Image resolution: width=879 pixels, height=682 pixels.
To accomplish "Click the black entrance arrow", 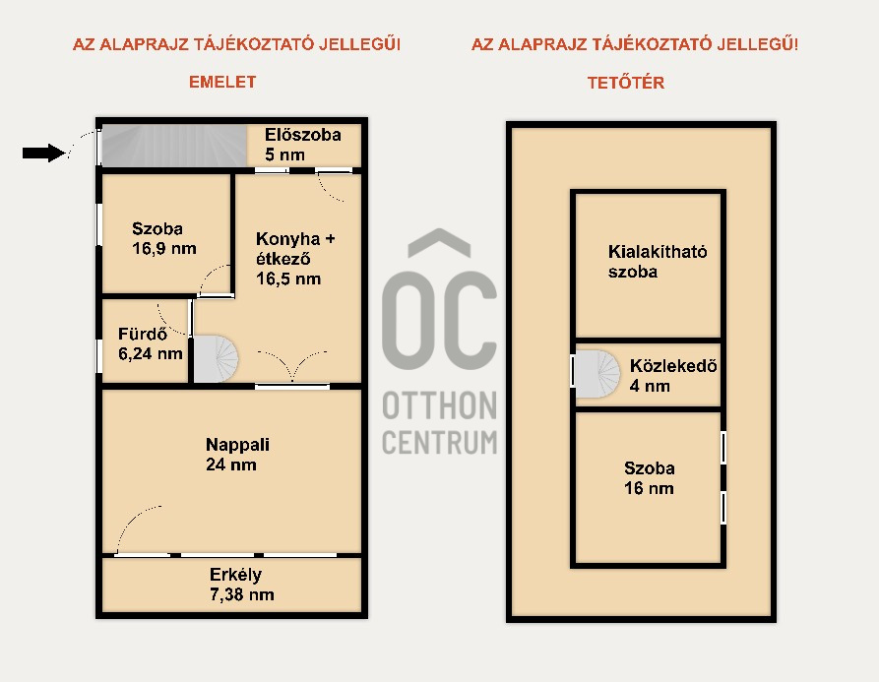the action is pyautogui.click(x=44, y=153).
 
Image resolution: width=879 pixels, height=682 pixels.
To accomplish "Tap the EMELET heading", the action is pyautogui.click(x=222, y=82).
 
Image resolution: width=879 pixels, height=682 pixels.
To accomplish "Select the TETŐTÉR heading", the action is pyautogui.click(x=626, y=83).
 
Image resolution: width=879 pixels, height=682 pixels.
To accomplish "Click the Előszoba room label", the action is pyautogui.click(x=303, y=135).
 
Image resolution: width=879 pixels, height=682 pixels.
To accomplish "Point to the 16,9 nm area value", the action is pyautogui.click(x=164, y=248).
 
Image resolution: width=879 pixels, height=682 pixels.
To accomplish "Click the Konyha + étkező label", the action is pyautogui.click(x=295, y=249).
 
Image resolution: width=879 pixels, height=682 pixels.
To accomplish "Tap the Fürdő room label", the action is pyautogui.click(x=143, y=334).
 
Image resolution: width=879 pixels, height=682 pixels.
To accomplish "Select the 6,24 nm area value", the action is pyautogui.click(x=151, y=353).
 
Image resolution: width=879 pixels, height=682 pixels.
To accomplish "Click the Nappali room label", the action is pyautogui.click(x=237, y=445).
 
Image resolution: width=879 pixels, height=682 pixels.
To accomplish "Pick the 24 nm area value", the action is pyautogui.click(x=231, y=465).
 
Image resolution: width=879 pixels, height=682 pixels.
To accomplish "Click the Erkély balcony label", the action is pyautogui.click(x=235, y=575).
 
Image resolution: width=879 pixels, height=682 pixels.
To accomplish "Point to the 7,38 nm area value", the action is pyautogui.click(x=241, y=594).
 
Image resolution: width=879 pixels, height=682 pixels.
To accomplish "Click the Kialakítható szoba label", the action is pyautogui.click(x=657, y=262).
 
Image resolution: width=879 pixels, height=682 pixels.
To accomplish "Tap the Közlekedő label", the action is pyautogui.click(x=673, y=366).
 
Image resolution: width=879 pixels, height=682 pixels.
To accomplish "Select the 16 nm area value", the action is pyautogui.click(x=649, y=488).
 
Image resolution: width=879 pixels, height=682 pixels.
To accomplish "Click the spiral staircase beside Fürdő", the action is pyautogui.click(x=216, y=359).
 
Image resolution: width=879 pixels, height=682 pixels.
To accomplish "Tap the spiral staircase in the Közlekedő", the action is pyautogui.click(x=597, y=374).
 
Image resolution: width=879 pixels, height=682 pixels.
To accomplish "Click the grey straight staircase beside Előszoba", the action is pyautogui.click(x=174, y=145).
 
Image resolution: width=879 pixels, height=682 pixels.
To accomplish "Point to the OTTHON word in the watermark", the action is pyautogui.click(x=439, y=405).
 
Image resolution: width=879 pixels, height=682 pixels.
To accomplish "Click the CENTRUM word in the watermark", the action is pyautogui.click(x=439, y=442).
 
